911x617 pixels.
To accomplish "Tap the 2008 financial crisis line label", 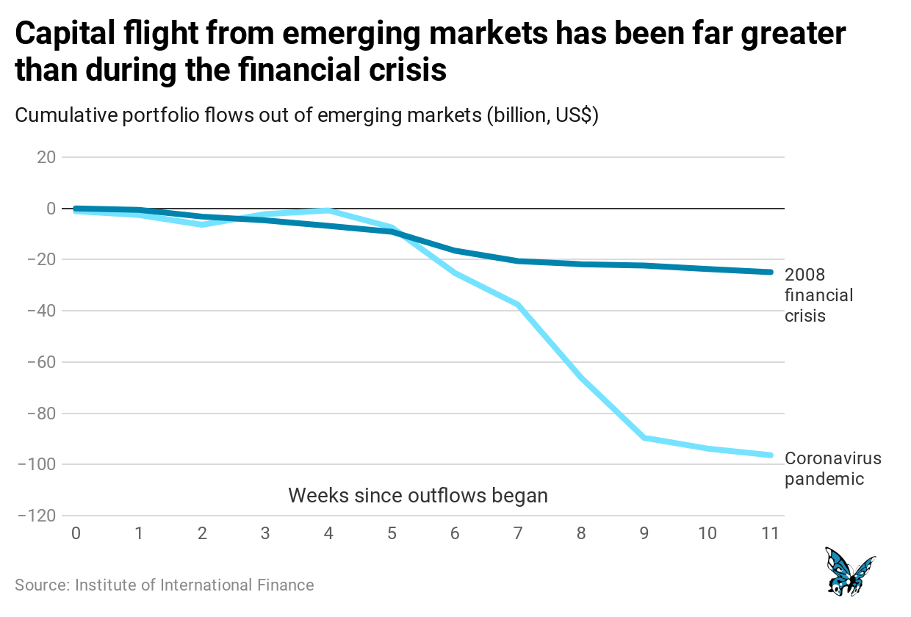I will [x=818, y=295].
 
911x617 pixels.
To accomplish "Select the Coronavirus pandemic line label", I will [x=832, y=469].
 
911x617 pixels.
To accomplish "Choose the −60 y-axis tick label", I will [x=43, y=362].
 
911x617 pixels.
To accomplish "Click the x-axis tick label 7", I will [x=518, y=533].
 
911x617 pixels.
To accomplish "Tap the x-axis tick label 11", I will [x=770, y=533].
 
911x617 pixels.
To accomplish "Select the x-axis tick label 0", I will [x=76, y=533].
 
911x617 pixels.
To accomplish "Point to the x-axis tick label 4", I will [x=328, y=533].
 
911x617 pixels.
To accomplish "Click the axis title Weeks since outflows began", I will [x=418, y=495].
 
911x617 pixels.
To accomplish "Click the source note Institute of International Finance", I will [x=165, y=585].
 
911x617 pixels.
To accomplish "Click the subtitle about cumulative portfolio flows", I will [x=307, y=116].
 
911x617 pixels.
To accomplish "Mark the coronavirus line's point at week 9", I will [x=644, y=438].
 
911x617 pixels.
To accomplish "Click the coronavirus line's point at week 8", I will [x=581, y=378].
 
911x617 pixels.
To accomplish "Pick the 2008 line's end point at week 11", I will [x=770, y=272].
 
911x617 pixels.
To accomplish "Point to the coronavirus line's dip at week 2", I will [x=202, y=224].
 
